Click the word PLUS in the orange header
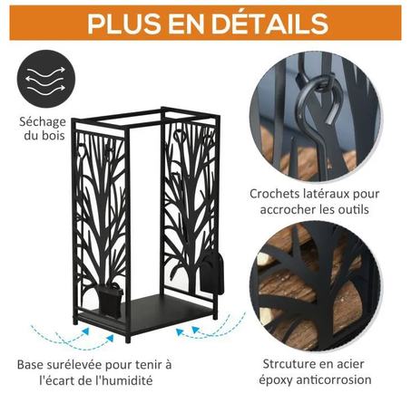click(127, 24)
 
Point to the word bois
click(62, 138)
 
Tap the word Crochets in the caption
click(278, 194)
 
